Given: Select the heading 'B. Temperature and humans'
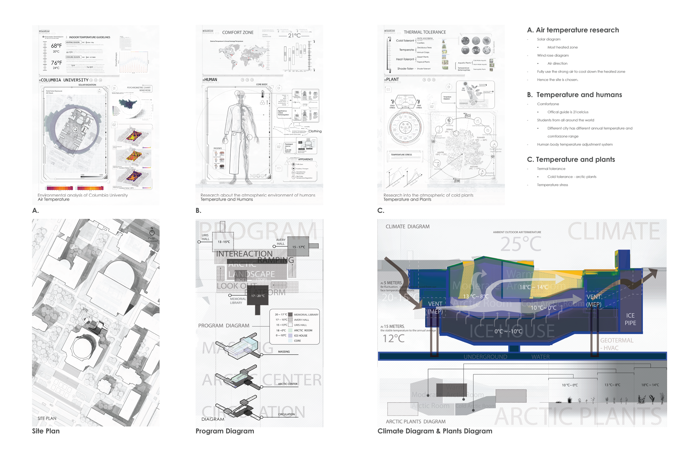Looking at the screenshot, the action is click(x=575, y=95).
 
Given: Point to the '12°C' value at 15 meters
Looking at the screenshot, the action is click(x=394, y=339).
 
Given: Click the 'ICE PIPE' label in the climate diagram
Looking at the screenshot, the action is click(x=630, y=319).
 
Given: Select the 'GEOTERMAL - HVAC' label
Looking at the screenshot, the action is click(x=617, y=344).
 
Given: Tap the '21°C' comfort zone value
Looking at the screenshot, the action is click(x=294, y=35).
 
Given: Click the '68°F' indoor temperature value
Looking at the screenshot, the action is click(x=56, y=46).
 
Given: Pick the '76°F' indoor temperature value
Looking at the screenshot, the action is click(x=56, y=63).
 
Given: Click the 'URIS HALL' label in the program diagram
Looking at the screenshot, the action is click(x=205, y=237).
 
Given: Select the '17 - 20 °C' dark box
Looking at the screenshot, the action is click(x=258, y=296).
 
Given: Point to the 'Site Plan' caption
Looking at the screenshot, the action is click(x=46, y=431).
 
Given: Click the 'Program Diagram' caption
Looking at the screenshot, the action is click(x=225, y=431).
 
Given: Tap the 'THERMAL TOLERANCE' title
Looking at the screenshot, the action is click(x=425, y=32).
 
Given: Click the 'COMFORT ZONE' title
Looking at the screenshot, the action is click(x=238, y=33).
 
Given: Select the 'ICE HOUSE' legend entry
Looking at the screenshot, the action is click(x=301, y=336).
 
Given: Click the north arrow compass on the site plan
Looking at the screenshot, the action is click(x=152, y=232).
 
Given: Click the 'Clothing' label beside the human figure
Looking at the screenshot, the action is click(x=315, y=131).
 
